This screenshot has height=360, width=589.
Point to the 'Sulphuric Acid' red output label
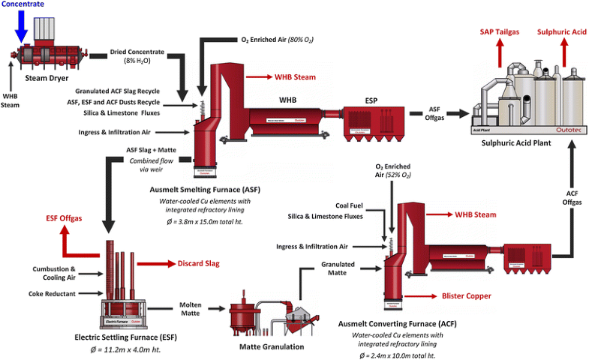coord(561,32)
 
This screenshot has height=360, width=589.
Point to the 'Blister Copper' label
coord(467,296)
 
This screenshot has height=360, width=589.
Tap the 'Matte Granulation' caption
coord(272,346)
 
